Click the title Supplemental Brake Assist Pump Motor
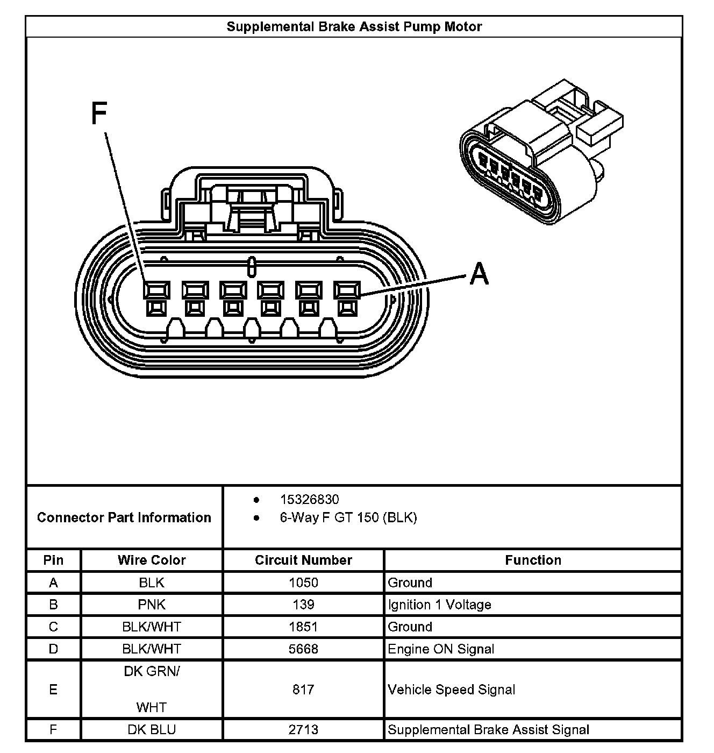(x=354, y=27)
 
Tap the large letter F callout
(x=99, y=114)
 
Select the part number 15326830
(x=309, y=500)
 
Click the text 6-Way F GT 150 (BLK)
(x=348, y=517)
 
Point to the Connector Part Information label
(x=124, y=517)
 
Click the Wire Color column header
(x=152, y=560)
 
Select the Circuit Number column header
(x=303, y=560)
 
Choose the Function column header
(x=533, y=560)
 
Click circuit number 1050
(x=303, y=582)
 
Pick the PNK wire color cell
(x=152, y=605)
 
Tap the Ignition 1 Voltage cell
(x=439, y=605)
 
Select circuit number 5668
(x=303, y=649)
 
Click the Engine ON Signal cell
(x=441, y=649)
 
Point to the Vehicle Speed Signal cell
(x=452, y=690)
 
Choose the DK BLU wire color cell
(x=152, y=729)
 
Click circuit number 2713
(x=303, y=729)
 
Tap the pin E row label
(x=53, y=690)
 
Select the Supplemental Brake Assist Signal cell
(x=488, y=729)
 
